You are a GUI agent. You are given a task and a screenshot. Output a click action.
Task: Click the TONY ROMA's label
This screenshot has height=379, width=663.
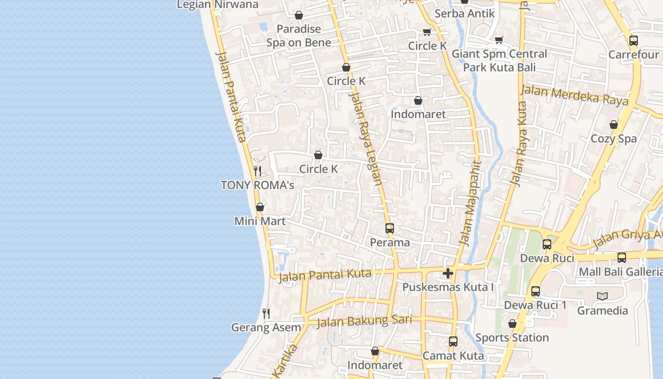point(257,185)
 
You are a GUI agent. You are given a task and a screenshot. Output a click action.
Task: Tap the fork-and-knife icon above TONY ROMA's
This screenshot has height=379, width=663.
point(258,171)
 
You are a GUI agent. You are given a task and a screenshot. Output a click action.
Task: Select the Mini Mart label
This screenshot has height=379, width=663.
point(260,221)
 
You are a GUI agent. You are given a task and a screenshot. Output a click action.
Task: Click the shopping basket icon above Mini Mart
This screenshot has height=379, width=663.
point(260,207)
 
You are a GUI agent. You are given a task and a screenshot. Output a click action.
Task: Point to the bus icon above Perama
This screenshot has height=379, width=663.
point(390,228)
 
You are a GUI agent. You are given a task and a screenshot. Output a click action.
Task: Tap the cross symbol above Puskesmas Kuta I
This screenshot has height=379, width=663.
point(448,273)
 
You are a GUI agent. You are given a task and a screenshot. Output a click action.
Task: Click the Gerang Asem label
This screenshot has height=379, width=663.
point(266,327)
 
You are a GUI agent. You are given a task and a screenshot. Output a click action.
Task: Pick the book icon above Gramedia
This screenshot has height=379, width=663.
point(602,297)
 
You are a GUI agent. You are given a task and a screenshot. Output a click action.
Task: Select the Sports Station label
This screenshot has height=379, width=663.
point(512,338)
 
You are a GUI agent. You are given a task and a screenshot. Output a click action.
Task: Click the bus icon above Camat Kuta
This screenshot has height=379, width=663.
point(453,342)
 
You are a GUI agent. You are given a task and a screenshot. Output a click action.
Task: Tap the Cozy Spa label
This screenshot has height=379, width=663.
point(614,139)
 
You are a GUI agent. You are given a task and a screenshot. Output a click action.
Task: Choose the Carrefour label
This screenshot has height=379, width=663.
point(633,54)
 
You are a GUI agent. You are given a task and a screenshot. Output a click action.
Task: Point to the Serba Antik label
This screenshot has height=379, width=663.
point(465,13)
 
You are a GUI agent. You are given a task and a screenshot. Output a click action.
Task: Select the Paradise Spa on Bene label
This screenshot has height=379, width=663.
point(298,36)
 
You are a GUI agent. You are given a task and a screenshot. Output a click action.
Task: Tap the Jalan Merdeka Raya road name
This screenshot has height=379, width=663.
point(574,96)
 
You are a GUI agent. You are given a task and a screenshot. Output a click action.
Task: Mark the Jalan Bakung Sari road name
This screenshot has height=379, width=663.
point(364,321)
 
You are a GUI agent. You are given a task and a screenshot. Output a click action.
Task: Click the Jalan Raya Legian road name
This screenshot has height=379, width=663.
point(365,138)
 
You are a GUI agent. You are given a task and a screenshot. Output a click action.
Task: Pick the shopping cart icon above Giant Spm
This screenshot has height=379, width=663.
point(499,40)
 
